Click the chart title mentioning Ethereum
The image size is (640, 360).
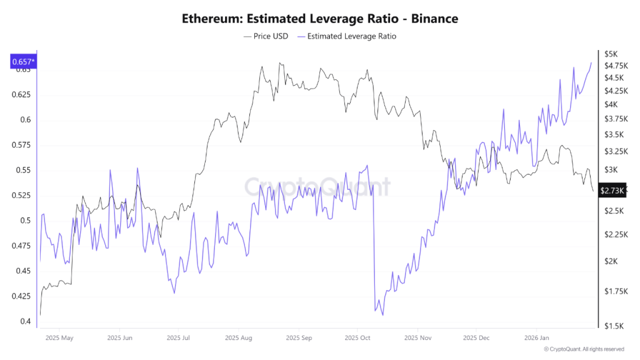coord(319,18)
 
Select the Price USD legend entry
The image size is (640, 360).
coord(266,36)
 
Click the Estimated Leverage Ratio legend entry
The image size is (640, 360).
coord(347,36)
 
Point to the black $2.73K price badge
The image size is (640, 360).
coord(612,191)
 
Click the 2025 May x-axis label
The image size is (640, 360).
coord(59,338)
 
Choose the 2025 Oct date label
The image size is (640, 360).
coord(357,338)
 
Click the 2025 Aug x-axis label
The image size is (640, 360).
coord(237,338)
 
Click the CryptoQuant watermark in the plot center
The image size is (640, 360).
coord(316,186)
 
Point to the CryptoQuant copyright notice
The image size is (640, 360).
coord(583,349)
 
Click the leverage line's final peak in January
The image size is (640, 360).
coord(591,62)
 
